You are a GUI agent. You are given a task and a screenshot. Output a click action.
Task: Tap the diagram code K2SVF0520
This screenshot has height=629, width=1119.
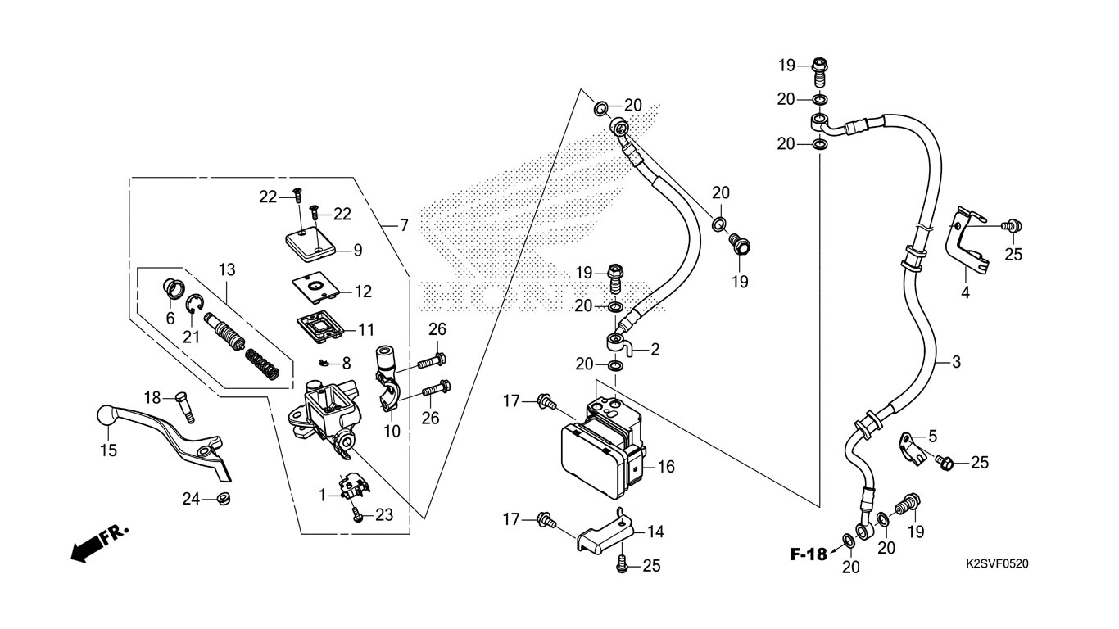997,564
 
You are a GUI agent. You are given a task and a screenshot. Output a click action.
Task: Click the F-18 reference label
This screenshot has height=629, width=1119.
809,554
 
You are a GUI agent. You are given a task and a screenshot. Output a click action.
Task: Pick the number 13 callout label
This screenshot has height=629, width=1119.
227,269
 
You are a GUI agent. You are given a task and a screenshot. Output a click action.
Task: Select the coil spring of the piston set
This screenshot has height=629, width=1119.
263,364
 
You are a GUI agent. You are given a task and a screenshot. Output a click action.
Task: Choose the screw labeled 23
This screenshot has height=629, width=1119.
357,514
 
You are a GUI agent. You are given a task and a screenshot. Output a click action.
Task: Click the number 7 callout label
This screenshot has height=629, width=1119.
404,225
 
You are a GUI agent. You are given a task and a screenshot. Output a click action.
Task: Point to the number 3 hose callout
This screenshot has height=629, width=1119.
956,361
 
